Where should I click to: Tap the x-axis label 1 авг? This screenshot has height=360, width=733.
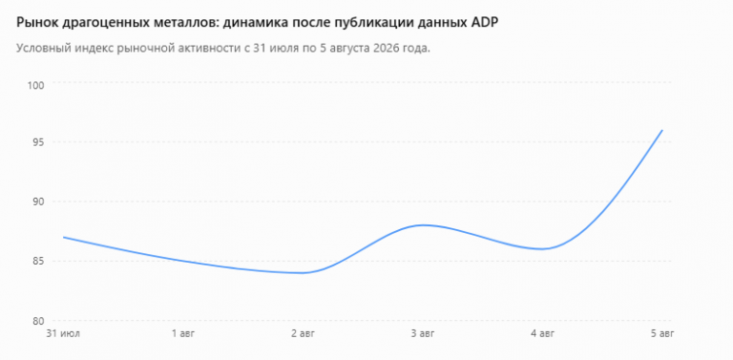click(183, 334)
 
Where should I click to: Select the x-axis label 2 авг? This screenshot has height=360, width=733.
click(304, 334)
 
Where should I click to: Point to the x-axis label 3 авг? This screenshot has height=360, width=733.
click(423, 334)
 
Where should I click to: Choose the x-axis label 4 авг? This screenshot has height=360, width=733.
click(543, 334)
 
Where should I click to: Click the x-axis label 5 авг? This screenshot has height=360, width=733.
click(662, 334)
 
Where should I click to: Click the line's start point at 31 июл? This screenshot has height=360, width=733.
click(64, 237)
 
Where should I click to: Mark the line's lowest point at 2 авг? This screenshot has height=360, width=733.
click(304, 273)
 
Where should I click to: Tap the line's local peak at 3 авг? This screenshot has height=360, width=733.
click(423, 225)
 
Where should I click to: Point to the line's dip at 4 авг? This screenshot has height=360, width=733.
click(543, 248)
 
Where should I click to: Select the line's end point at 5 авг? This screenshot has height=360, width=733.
click(662, 130)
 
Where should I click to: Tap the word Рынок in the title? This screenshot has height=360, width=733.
click(35, 23)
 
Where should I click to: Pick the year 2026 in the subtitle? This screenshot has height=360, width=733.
click(388, 48)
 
